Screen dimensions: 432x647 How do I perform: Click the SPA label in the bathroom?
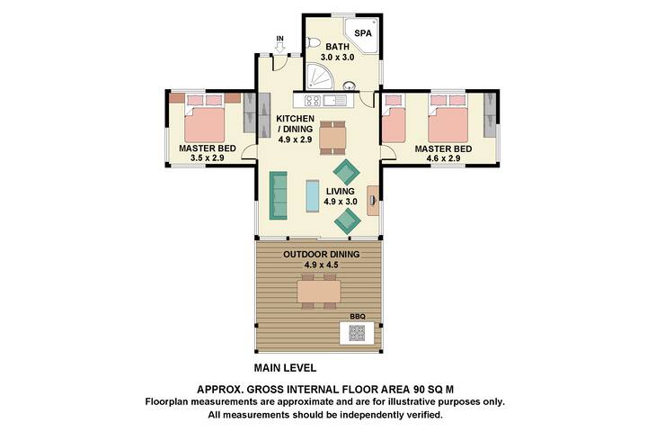coord(363,33)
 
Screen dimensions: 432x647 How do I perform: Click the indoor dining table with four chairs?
coord(332,136)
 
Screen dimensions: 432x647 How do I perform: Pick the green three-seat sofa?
coord(278,195)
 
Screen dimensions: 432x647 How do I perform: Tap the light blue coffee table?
coord(313,195)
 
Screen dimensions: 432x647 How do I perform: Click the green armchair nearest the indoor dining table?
coord(346,170)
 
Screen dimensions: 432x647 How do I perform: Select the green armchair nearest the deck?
coord(347,220)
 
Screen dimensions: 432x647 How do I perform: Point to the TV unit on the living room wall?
coord(372,194)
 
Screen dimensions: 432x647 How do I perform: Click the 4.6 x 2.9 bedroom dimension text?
coord(442,158)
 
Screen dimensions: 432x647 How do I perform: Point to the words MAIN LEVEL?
coord(286,368)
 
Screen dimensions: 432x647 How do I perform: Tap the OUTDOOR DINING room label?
coord(322,255)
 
